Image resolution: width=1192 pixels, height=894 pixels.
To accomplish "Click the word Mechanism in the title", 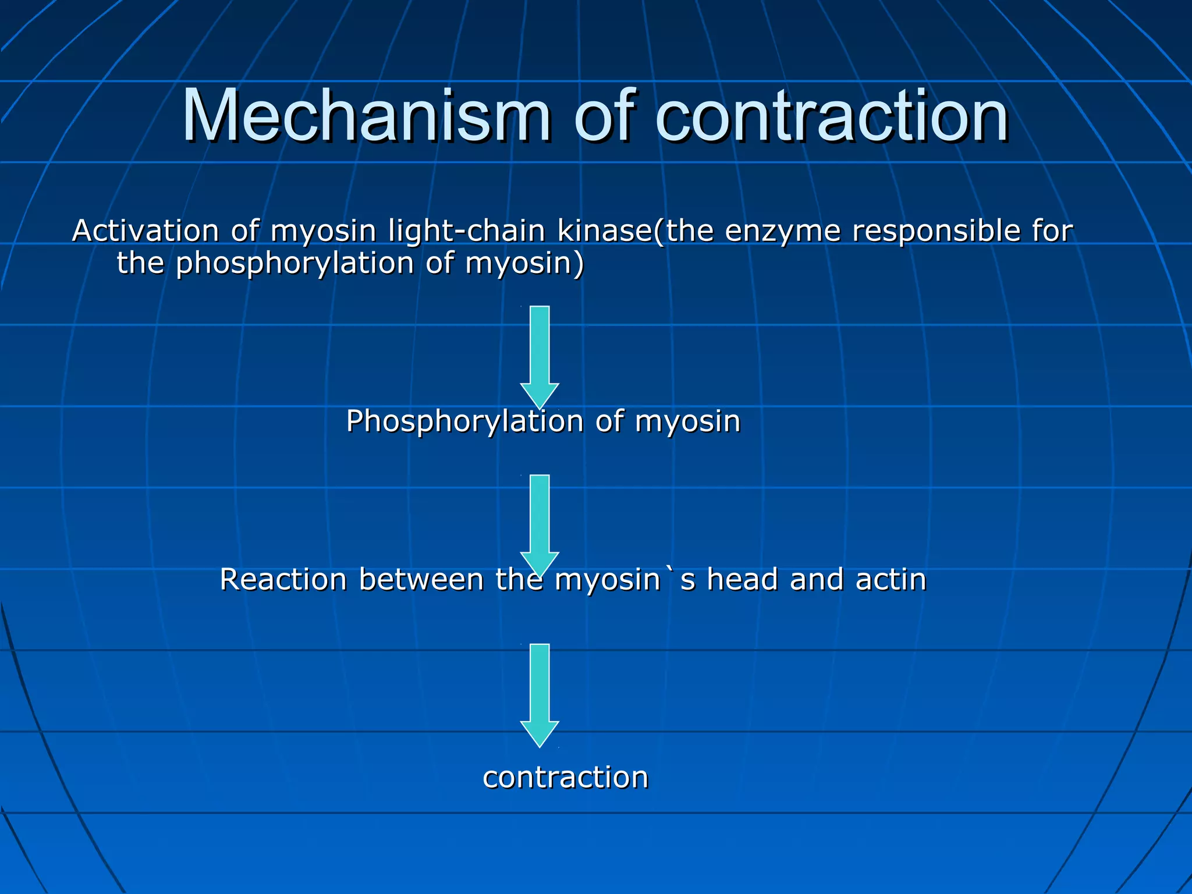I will [x=367, y=116].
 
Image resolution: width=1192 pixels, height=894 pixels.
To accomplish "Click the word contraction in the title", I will [x=832, y=116].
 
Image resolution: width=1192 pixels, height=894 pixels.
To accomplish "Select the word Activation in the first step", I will [x=145, y=230].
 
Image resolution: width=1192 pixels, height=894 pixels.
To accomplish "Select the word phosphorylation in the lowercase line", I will [x=295, y=263].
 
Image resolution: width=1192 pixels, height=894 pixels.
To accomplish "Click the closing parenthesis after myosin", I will [x=578, y=263].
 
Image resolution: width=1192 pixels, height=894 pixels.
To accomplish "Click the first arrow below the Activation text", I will [x=540, y=356].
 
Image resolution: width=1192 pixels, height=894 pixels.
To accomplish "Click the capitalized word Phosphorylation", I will [x=464, y=421].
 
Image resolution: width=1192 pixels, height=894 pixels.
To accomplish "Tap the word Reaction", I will [x=283, y=580].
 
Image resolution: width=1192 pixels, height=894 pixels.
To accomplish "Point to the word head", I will [x=742, y=580].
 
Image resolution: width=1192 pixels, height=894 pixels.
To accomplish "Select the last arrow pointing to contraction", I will [x=540, y=694].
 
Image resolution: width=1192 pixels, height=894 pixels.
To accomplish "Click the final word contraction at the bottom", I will [x=565, y=778].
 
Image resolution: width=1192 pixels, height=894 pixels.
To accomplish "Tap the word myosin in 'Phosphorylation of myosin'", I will [x=687, y=421].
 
